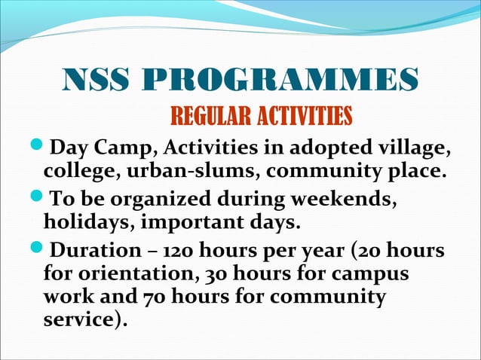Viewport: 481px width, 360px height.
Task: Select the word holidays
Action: pos(80,224)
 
